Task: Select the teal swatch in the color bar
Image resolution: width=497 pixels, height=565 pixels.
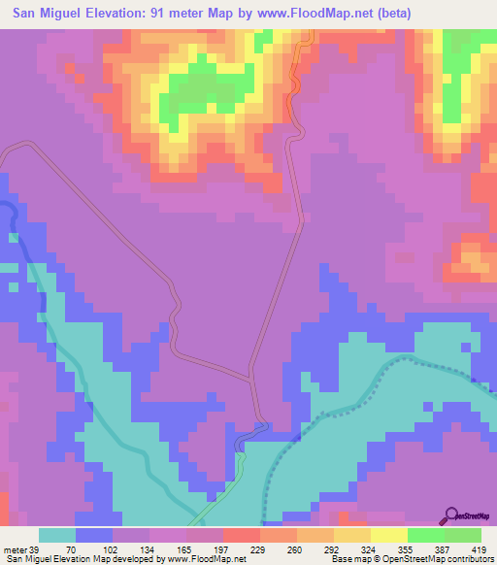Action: [57, 535]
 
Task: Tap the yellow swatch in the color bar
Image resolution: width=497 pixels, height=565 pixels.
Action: [388, 535]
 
